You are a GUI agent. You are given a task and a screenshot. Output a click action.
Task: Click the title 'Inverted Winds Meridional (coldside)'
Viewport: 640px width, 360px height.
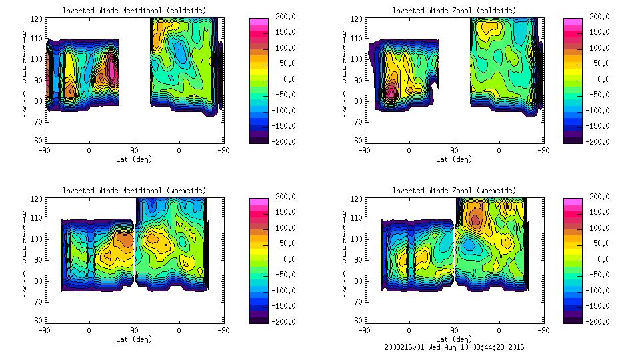[x=134, y=11]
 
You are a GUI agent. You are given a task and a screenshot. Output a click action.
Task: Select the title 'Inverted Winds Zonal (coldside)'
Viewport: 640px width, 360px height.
[x=454, y=11]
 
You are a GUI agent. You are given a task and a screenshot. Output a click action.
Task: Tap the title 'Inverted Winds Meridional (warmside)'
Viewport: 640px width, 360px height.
[x=134, y=191]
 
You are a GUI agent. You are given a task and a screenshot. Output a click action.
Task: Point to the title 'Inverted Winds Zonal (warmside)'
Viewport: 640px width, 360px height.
[x=454, y=191]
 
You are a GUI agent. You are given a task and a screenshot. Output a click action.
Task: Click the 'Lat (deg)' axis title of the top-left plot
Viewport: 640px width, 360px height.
[x=134, y=159]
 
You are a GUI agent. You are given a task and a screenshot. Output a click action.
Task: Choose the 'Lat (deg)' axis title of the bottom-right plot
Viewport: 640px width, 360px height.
[x=454, y=339]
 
